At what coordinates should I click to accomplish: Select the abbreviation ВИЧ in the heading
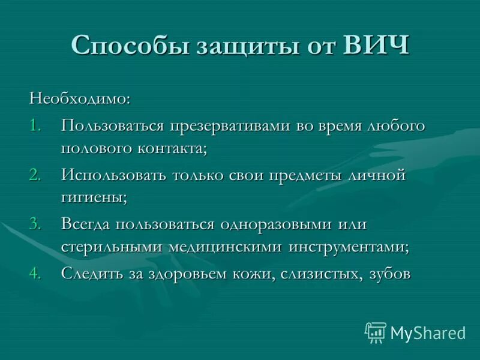tap(376, 45)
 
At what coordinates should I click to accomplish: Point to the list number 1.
tap(35, 126)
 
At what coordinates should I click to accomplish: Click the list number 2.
tap(35, 175)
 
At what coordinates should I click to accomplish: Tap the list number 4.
tap(35, 274)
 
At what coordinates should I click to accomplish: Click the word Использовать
tap(113, 175)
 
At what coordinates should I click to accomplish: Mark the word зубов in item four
tap(389, 274)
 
